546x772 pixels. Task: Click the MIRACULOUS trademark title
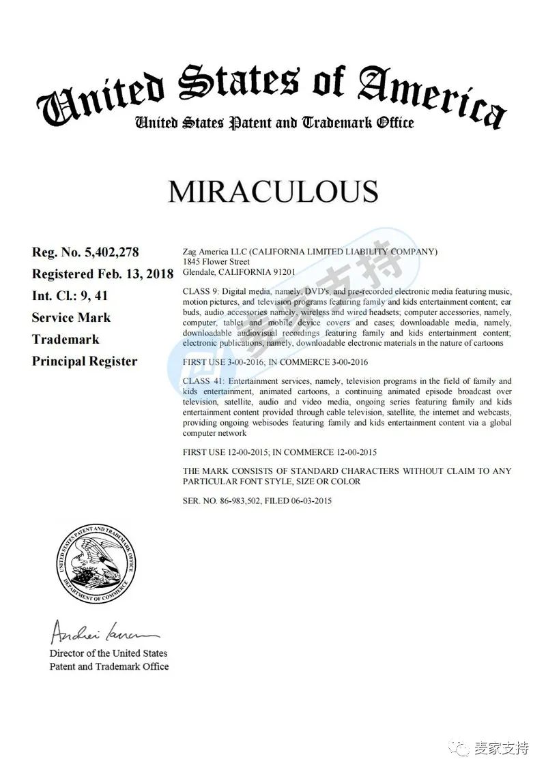273,192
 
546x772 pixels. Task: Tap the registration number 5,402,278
112,252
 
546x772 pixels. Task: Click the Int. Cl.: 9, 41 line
70,296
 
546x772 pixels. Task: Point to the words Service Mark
71,318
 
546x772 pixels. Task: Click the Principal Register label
85,361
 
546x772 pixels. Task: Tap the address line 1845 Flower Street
216,262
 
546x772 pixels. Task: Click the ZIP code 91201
284,271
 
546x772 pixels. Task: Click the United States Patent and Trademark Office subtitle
273,123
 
